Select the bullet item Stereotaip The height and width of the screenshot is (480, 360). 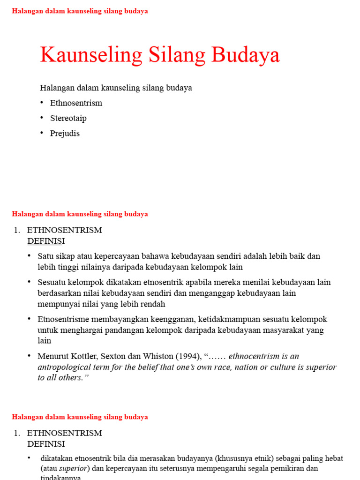(68, 118)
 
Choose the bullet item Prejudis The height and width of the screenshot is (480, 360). (65, 133)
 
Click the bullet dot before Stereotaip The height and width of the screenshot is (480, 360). (41, 118)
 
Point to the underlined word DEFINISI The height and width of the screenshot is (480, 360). (46, 241)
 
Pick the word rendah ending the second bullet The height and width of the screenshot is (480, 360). (152, 304)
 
